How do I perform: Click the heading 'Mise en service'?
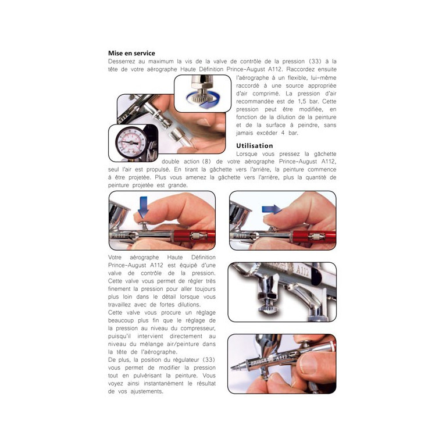(131, 53)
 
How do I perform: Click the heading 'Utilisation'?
(255, 145)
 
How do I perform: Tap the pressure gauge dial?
(131, 143)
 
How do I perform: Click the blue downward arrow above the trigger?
(143, 207)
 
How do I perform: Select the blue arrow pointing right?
(272, 209)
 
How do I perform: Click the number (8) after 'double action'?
(206, 162)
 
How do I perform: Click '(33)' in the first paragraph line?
(315, 62)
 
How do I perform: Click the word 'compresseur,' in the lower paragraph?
(198, 328)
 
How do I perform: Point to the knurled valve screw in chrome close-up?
(267, 309)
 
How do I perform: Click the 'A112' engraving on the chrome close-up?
(302, 271)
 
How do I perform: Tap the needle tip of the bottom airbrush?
(232, 367)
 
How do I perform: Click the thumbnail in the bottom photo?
(308, 363)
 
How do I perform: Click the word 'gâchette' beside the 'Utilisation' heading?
(325, 154)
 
